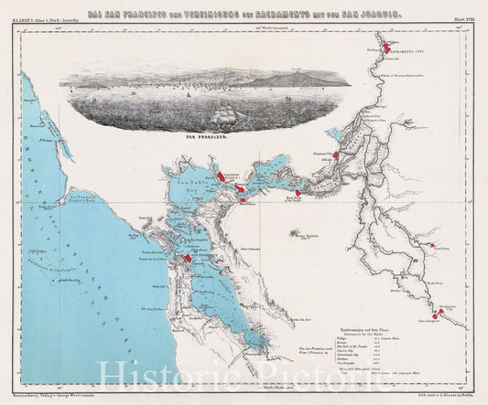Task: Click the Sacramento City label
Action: point(405,53)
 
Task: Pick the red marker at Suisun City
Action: point(336,155)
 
